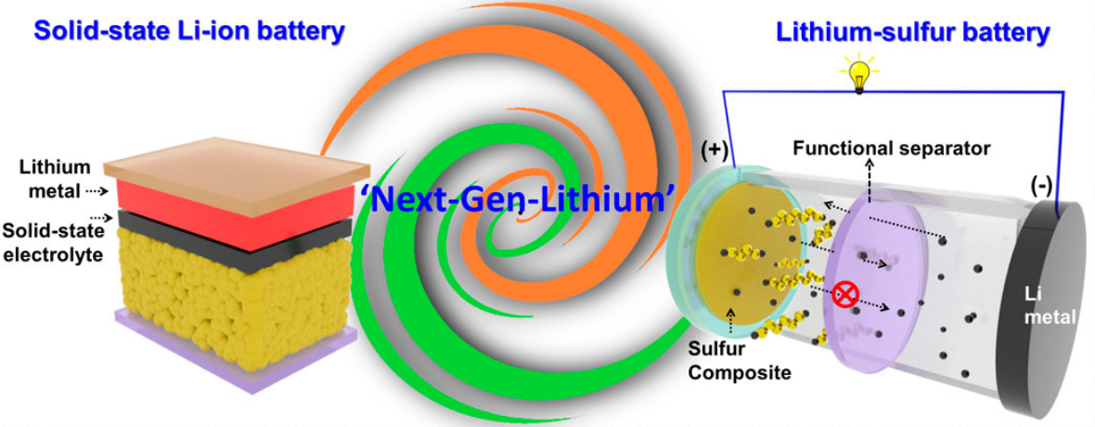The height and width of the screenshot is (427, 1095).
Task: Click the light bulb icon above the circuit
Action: click(857, 73)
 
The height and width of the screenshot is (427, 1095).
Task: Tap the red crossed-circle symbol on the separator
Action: click(845, 295)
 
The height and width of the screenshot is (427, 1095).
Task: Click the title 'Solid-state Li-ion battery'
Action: click(189, 32)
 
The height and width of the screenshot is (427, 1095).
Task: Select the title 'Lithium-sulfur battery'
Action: click(912, 33)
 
